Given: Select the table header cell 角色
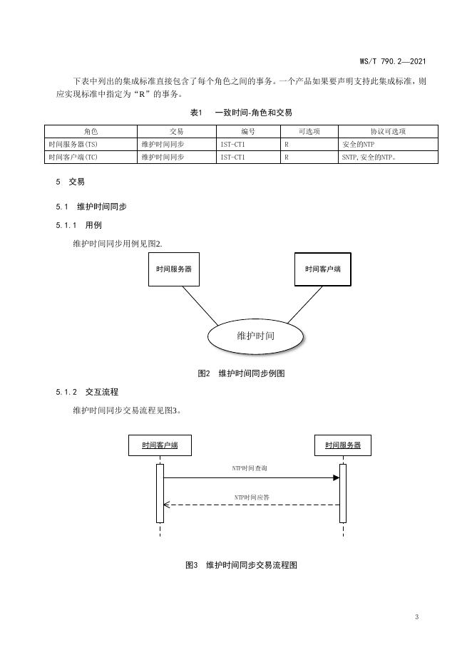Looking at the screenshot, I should pyautogui.click(x=91, y=131).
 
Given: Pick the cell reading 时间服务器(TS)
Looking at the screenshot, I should pyautogui.click(x=91, y=144).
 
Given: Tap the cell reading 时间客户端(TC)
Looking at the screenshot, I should pyautogui.click(x=91, y=157).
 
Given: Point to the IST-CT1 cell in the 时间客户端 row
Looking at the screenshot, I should pyautogui.click(x=247, y=157).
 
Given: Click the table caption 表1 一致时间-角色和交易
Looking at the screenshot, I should pyautogui.click(x=241, y=113).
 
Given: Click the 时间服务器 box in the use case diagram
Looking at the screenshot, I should pyautogui.click(x=173, y=269).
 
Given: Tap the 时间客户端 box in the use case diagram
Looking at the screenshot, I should pyautogui.click(x=322, y=269).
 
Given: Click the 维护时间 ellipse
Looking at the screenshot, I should pyautogui.click(x=255, y=336).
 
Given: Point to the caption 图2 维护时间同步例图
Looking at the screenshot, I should pyautogui.click(x=241, y=373).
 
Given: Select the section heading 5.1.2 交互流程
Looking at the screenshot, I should pyautogui.click(x=87, y=392).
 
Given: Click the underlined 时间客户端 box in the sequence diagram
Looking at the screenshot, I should pyautogui.click(x=160, y=445).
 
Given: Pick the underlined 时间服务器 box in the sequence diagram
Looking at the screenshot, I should pyautogui.click(x=343, y=445).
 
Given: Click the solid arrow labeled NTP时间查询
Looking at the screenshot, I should pyautogui.click(x=251, y=478).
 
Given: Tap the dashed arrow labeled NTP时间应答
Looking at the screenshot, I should pyautogui.click(x=251, y=505).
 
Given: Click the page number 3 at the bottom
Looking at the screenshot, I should pyautogui.click(x=416, y=616).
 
